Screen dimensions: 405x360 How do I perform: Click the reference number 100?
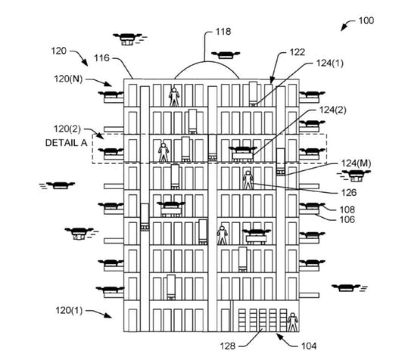pyautogui.click(x=366, y=20)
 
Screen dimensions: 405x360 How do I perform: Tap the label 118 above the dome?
pyautogui.click(x=223, y=32)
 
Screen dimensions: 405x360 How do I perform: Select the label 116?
pyautogui.click(x=101, y=58)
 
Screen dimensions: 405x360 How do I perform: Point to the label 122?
pyautogui.click(x=297, y=52)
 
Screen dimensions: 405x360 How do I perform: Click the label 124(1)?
pyautogui.click(x=330, y=64)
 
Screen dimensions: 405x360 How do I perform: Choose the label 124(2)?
pyautogui.click(x=332, y=110)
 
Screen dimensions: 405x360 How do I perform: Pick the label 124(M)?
pyautogui.click(x=357, y=163)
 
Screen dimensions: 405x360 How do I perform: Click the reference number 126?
pyautogui.click(x=349, y=193)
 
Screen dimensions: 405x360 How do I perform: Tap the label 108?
pyautogui.click(x=347, y=209)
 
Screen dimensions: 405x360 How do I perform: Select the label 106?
pyautogui.click(x=347, y=219)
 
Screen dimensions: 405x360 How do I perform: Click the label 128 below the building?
pyautogui.click(x=228, y=346)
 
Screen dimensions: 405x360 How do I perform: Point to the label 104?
pyautogui.click(x=309, y=346)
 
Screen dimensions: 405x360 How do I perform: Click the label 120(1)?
pyautogui.click(x=69, y=310)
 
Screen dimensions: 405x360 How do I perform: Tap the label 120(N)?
pyautogui.click(x=68, y=79)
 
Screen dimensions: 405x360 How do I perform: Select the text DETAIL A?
pyautogui.click(x=66, y=143)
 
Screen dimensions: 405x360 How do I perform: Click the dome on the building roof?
pyautogui.click(x=207, y=62)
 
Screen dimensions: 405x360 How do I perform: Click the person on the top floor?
pyautogui.click(x=174, y=97)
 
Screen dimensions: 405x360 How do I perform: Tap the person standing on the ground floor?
pyautogui.click(x=293, y=322)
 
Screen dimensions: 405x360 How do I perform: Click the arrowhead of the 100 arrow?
pyautogui.click(x=342, y=29)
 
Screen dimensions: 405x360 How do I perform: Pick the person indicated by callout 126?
pyautogui.click(x=248, y=180)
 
